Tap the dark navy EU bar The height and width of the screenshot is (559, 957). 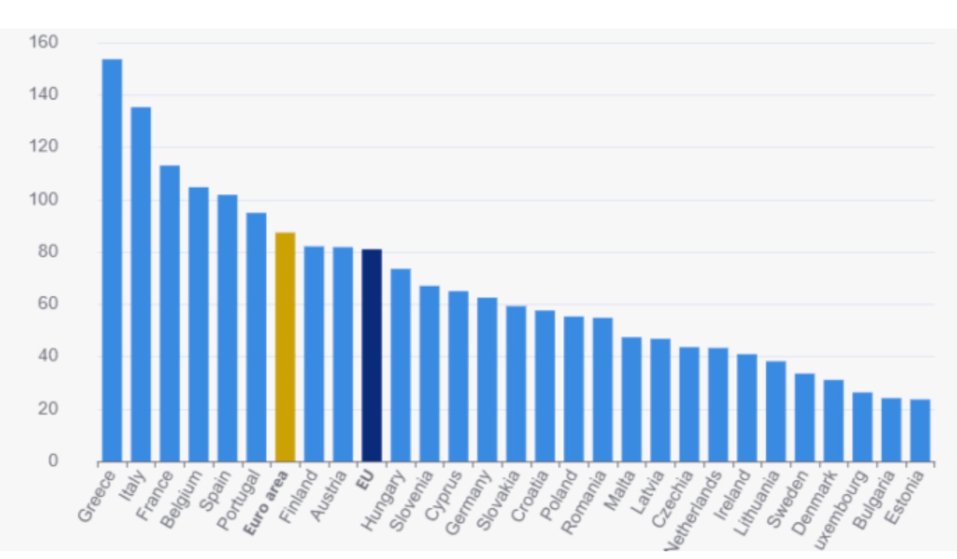(x=372, y=355)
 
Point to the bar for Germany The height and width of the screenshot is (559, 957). (x=487, y=379)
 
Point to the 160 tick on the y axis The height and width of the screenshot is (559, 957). (x=44, y=43)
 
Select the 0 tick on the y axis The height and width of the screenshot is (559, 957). (x=53, y=461)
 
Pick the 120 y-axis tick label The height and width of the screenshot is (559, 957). (x=44, y=147)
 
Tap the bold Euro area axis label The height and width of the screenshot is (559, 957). (x=266, y=503)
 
